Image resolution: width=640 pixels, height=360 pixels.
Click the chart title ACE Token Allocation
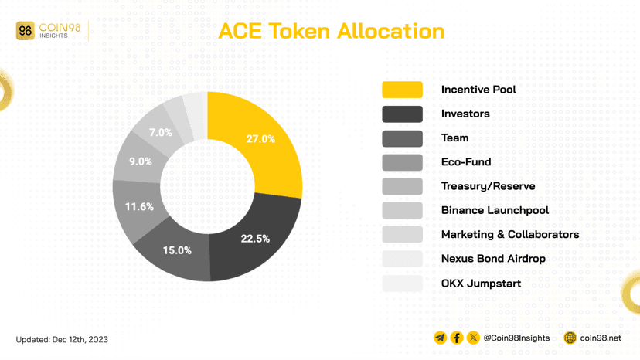(x=331, y=31)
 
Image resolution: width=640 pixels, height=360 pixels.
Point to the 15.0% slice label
(x=177, y=250)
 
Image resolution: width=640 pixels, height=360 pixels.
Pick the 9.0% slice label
(x=140, y=161)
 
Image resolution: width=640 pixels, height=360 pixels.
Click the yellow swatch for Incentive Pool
(x=402, y=90)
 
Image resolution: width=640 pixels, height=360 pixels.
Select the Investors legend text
(x=465, y=114)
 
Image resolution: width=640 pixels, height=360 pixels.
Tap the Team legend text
(x=454, y=138)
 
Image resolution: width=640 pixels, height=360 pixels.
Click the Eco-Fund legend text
(x=466, y=161)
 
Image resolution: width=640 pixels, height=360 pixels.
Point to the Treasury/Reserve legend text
(x=488, y=186)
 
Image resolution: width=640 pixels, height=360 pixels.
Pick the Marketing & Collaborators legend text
(x=510, y=234)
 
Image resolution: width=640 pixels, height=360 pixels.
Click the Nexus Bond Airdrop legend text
(x=493, y=258)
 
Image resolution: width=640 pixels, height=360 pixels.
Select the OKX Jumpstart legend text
(x=481, y=283)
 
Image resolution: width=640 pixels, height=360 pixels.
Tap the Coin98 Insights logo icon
(x=26, y=31)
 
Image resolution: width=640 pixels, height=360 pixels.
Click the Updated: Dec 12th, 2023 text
(x=63, y=339)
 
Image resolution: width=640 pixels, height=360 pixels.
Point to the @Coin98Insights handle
(x=516, y=338)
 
